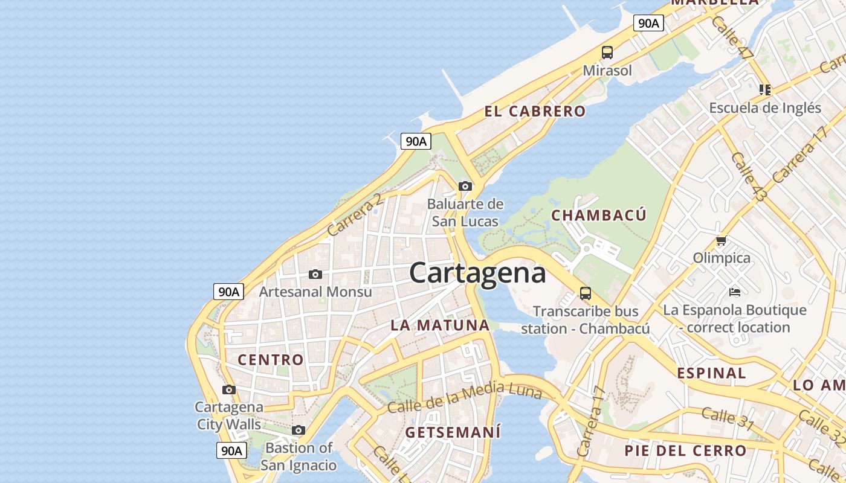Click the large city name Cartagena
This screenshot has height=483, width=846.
coord(477,273)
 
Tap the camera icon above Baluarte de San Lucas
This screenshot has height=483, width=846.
coord(465,186)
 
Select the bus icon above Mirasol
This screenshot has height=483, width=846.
coord(607,53)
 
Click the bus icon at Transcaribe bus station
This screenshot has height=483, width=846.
coord(585,293)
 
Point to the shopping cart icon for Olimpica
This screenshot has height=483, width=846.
coord(721,241)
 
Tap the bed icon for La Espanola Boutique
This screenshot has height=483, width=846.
coord(735,292)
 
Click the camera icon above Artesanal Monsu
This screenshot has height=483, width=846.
coord(315,275)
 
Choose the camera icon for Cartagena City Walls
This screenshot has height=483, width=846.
coord(228,390)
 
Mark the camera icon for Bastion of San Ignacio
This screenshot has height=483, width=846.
coord(298,430)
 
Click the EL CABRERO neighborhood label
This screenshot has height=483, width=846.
coord(535,111)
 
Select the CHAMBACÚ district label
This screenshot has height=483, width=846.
coord(599,215)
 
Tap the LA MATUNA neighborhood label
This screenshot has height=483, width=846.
coord(440,325)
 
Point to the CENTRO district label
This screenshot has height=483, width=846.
coord(271,360)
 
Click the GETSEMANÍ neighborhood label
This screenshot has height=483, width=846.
coord(453,432)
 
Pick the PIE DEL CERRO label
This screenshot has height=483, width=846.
coord(685,450)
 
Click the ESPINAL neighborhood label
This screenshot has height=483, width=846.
coord(711,373)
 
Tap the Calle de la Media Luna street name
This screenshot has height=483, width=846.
coord(464,398)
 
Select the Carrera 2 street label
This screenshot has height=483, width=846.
coord(355,215)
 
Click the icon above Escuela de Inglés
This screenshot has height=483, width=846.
coord(765,90)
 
